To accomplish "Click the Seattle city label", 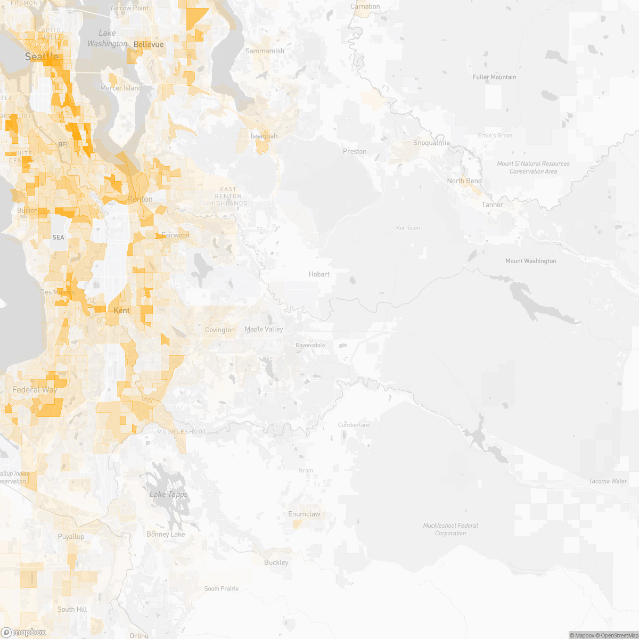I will click(42, 56).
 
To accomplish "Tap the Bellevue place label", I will click(149, 45).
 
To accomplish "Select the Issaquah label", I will click(264, 136).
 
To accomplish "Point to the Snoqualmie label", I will click(432, 143).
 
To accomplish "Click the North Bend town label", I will click(464, 181).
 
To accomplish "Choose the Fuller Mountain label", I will click(494, 77).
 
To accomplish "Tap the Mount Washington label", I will click(530, 261).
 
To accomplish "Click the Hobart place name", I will click(319, 274).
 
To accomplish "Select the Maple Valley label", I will click(264, 329).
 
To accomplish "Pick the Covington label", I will click(220, 330).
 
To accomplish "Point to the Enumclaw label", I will click(304, 514).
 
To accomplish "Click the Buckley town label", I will click(276, 562).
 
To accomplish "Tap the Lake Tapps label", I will click(168, 495).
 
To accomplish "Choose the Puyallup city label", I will click(71, 536).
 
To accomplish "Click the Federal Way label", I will click(35, 390).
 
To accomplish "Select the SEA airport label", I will click(58, 237).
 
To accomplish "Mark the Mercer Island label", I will click(121, 88).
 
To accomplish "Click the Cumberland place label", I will click(354, 425).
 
